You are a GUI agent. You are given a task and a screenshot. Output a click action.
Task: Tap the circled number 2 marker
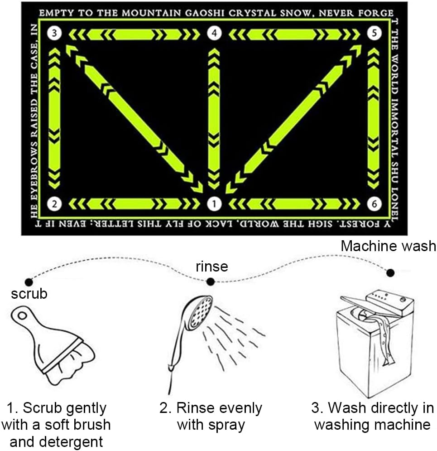pos(54,204)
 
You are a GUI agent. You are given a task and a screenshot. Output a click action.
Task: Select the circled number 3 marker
pos(54,34)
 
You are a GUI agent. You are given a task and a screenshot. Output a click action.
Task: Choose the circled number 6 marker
pos(373,204)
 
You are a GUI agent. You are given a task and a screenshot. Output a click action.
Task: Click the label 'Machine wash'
pos(388,246)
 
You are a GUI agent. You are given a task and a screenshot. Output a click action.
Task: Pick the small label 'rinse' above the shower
pos(211,266)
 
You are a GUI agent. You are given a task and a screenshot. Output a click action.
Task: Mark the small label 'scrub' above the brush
pos(29,294)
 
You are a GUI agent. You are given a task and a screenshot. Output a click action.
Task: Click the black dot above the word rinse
pos(210,281)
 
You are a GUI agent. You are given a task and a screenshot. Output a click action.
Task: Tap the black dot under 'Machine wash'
pos(390,273)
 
